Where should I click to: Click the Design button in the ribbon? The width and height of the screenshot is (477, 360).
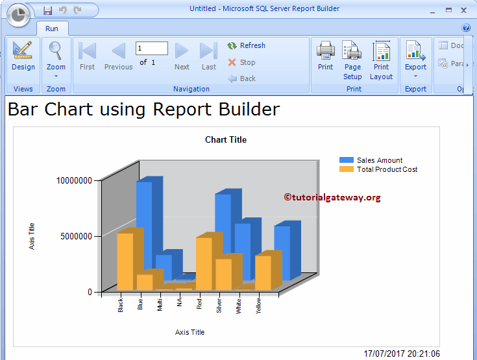click(23, 57)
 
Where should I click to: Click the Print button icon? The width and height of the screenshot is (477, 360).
click(326, 51)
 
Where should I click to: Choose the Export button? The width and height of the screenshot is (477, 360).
click(415, 57)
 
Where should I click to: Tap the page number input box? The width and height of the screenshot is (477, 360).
click(152, 49)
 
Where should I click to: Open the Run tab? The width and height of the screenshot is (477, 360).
click(52, 29)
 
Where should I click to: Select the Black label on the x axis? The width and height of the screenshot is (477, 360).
click(121, 305)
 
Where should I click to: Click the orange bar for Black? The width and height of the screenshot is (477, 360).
click(125, 261)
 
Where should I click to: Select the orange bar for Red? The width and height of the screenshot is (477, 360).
click(204, 263)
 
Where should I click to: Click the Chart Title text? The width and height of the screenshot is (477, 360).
click(226, 139)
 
